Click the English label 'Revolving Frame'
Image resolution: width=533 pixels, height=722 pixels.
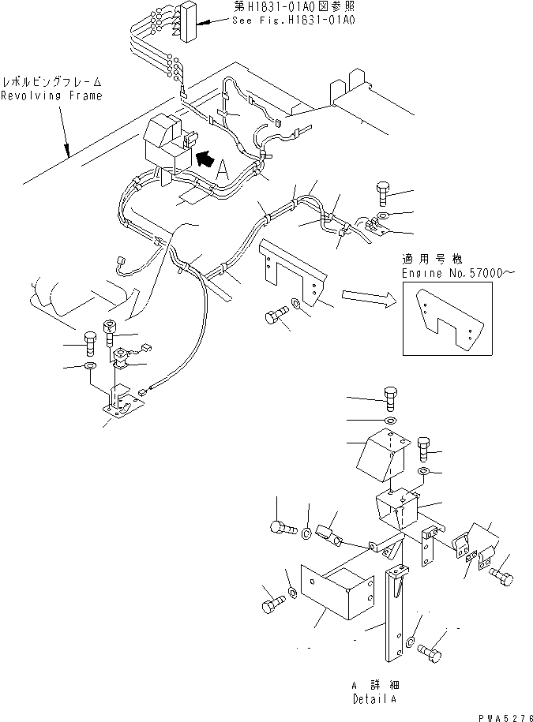tap(51, 96)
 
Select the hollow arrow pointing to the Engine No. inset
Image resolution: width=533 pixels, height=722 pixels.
tap(366, 297)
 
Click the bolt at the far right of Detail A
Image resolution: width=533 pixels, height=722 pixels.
tap(501, 580)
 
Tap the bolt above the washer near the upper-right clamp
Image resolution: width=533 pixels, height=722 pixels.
tap(383, 191)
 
